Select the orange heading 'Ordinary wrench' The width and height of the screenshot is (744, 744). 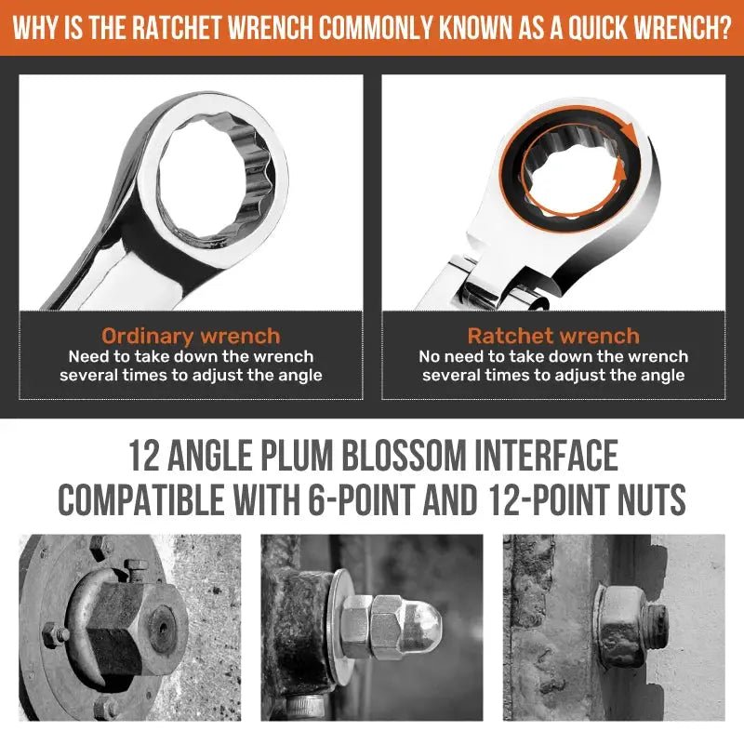coord(192,336)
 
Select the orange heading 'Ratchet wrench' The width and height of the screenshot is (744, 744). coord(553,336)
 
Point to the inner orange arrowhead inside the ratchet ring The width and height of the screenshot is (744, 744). coord(618,171)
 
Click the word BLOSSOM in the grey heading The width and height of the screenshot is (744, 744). coord(404,456)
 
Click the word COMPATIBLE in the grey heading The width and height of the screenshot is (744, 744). coord(141,499)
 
